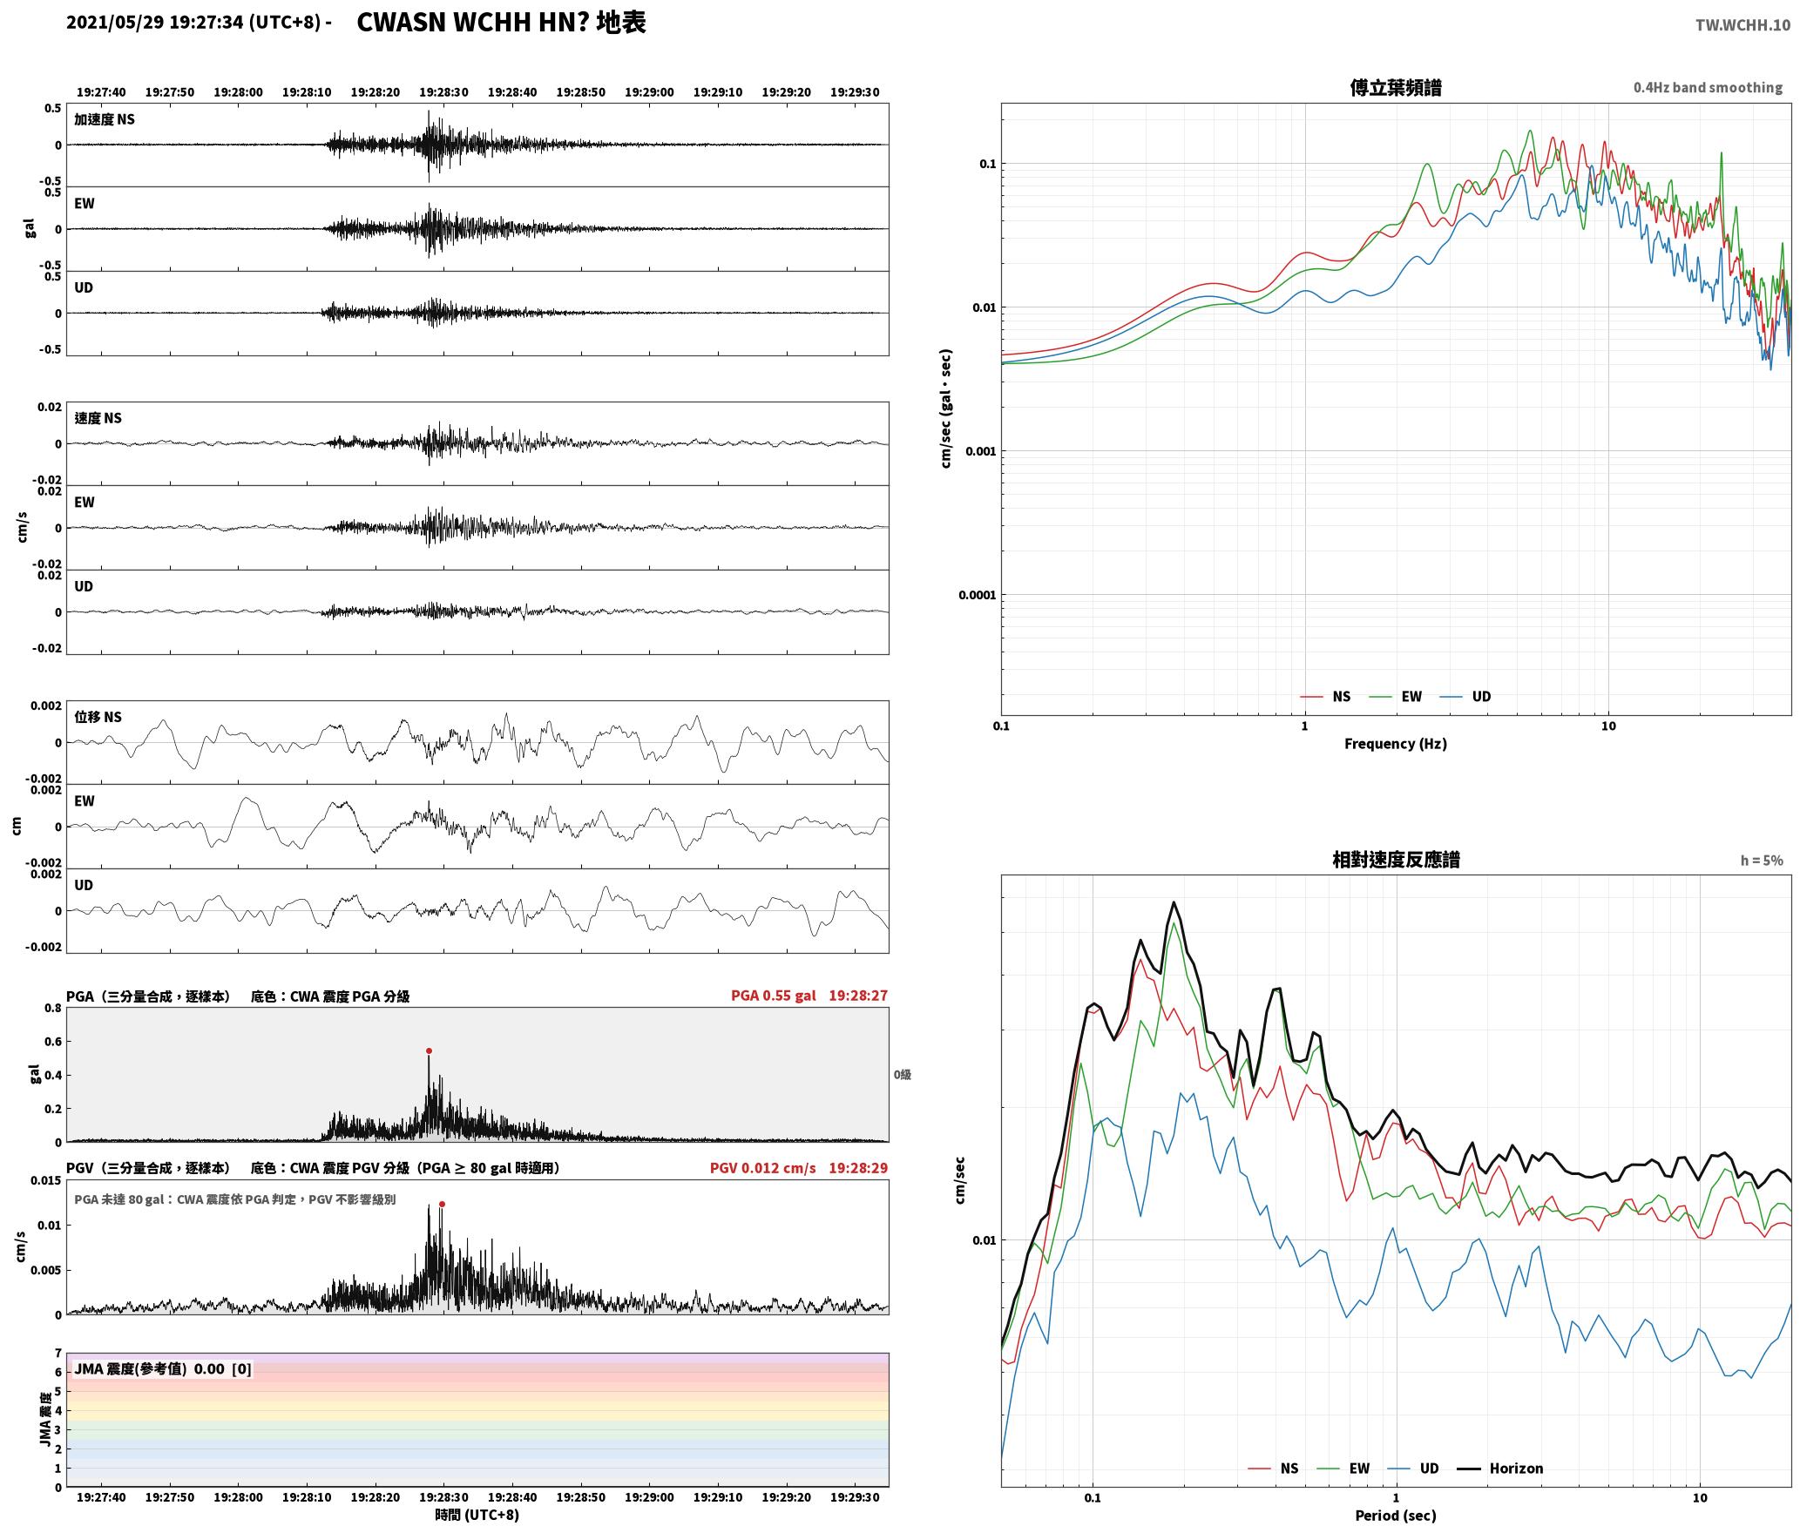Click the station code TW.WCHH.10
point(1742,25)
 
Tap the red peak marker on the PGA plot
point(429,1050)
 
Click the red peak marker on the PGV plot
point(442,1204)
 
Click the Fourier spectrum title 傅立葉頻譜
point(1395,88)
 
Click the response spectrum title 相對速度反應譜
point(1396,860)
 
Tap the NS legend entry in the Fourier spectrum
point(1325,697)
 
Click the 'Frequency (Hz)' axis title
point(1395,744)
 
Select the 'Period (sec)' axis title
point(1395,1516)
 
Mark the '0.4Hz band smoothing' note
point(1708,88)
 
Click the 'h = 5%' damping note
point(1762,861)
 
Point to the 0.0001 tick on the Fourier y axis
point(977,595)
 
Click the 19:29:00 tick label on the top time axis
point(649,92)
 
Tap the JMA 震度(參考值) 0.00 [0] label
point(163,1369)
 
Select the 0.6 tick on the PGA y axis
point(53,1042)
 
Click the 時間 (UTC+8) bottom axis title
point(477,1515)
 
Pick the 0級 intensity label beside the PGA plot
point(902,1075)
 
